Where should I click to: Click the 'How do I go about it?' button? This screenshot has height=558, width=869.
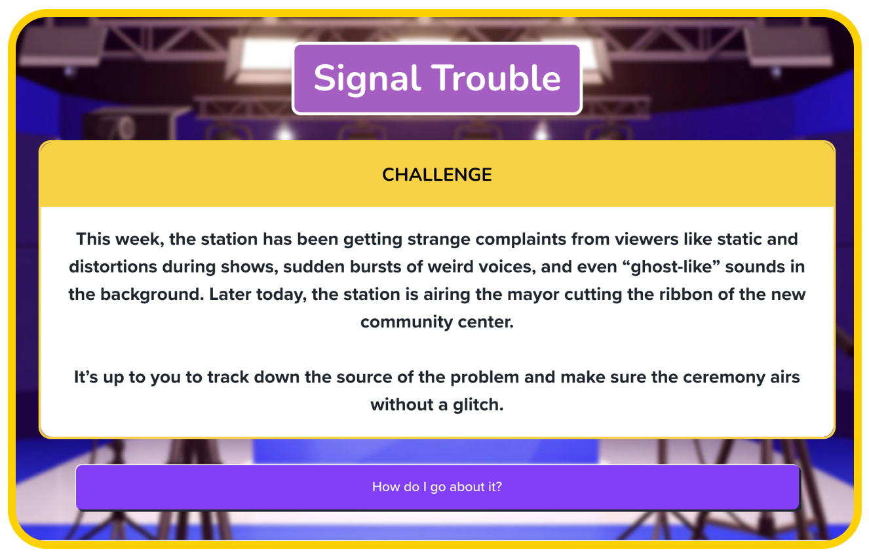coord(437,487)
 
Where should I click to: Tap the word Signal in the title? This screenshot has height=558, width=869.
coord(367,79)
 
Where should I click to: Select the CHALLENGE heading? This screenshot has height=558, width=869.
coord(437,174)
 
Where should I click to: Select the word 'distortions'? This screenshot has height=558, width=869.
coord(113,267)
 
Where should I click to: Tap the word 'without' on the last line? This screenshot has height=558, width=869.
coord(402,405)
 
